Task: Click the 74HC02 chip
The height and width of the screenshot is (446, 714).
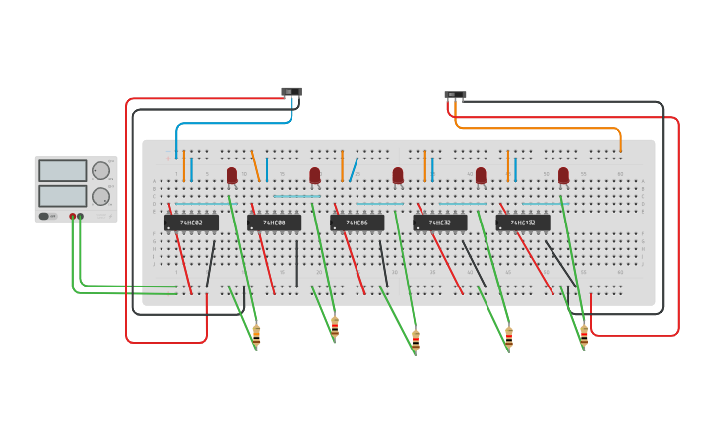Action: click(x=191, y=223)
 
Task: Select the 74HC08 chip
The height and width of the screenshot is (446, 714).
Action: click(x=274, y=223)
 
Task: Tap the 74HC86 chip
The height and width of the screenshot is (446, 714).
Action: click(x=357, y=223)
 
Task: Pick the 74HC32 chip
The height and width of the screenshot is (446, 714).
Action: click(x=439, y=223)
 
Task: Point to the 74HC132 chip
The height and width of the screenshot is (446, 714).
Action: click(x=523, y=223)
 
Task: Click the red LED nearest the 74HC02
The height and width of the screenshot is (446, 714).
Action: click(x=232, y=175)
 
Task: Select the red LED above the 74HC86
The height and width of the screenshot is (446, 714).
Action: click(x=398, y=175)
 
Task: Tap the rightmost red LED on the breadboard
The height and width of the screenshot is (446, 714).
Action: click(x=563, y=175)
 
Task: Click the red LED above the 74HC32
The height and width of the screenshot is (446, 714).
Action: click(x=481, y=175)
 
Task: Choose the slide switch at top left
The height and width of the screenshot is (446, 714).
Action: click(x=292, y=92)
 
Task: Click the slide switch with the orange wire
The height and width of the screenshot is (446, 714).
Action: click(x=455, y=96)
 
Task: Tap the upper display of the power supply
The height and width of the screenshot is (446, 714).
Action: click(x=63, y=171)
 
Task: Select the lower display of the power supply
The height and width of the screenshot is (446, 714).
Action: click(x=63, y=196)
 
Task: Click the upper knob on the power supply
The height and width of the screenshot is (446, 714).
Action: click(x=100, y=171)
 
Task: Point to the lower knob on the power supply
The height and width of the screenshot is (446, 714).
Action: click(x=100, y=196)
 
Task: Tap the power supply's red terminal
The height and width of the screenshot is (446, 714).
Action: click(x=72, y=216)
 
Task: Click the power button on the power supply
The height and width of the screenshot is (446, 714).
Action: click(x=44, y=216)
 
